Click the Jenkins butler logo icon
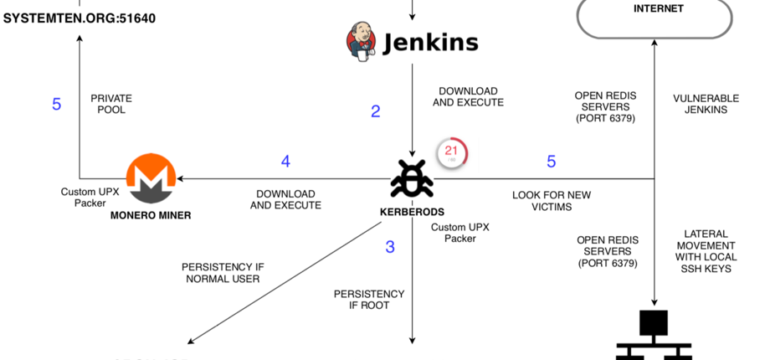(361, 42)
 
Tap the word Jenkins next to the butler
(430, 43)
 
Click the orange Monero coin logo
(151, 177)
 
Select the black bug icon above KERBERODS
(411, 178)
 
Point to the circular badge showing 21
(452, 152)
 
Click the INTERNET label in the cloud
(658, 9)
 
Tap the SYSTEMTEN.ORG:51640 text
(80, 16)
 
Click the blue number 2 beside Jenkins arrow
(376, 111)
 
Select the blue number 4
(285, 162)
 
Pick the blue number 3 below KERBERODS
(390, 247)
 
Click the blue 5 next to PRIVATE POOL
(57, 105)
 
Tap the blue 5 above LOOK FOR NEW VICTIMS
(551, 162)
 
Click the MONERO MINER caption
(151, 215)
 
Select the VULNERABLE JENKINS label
(706, 104)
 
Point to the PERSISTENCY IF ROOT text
(369, 300)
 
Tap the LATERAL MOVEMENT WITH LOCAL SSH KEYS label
(706, 251)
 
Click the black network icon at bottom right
(654, 335)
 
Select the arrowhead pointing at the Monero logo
(181, 178)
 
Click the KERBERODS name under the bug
(412, 212)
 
